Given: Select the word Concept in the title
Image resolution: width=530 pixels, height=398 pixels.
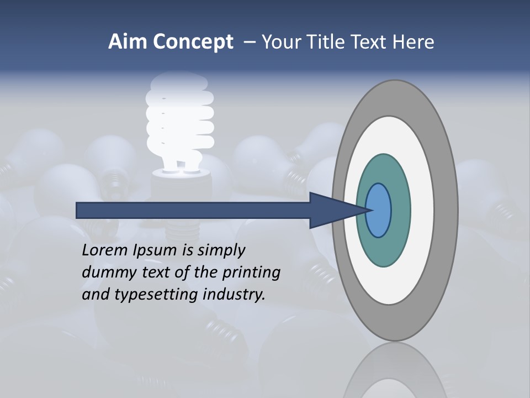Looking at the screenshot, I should click(x=193, y=43).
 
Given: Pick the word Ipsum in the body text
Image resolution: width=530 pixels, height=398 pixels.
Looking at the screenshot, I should click(x=156, y=250).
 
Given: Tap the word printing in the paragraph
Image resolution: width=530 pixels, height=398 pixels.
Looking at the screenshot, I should click(x=251, y=273).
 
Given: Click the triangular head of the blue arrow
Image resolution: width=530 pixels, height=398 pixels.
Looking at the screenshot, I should click(x=331, y=211).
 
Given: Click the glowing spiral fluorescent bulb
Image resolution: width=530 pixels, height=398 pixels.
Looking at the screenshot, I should click(x=179, y=119).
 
